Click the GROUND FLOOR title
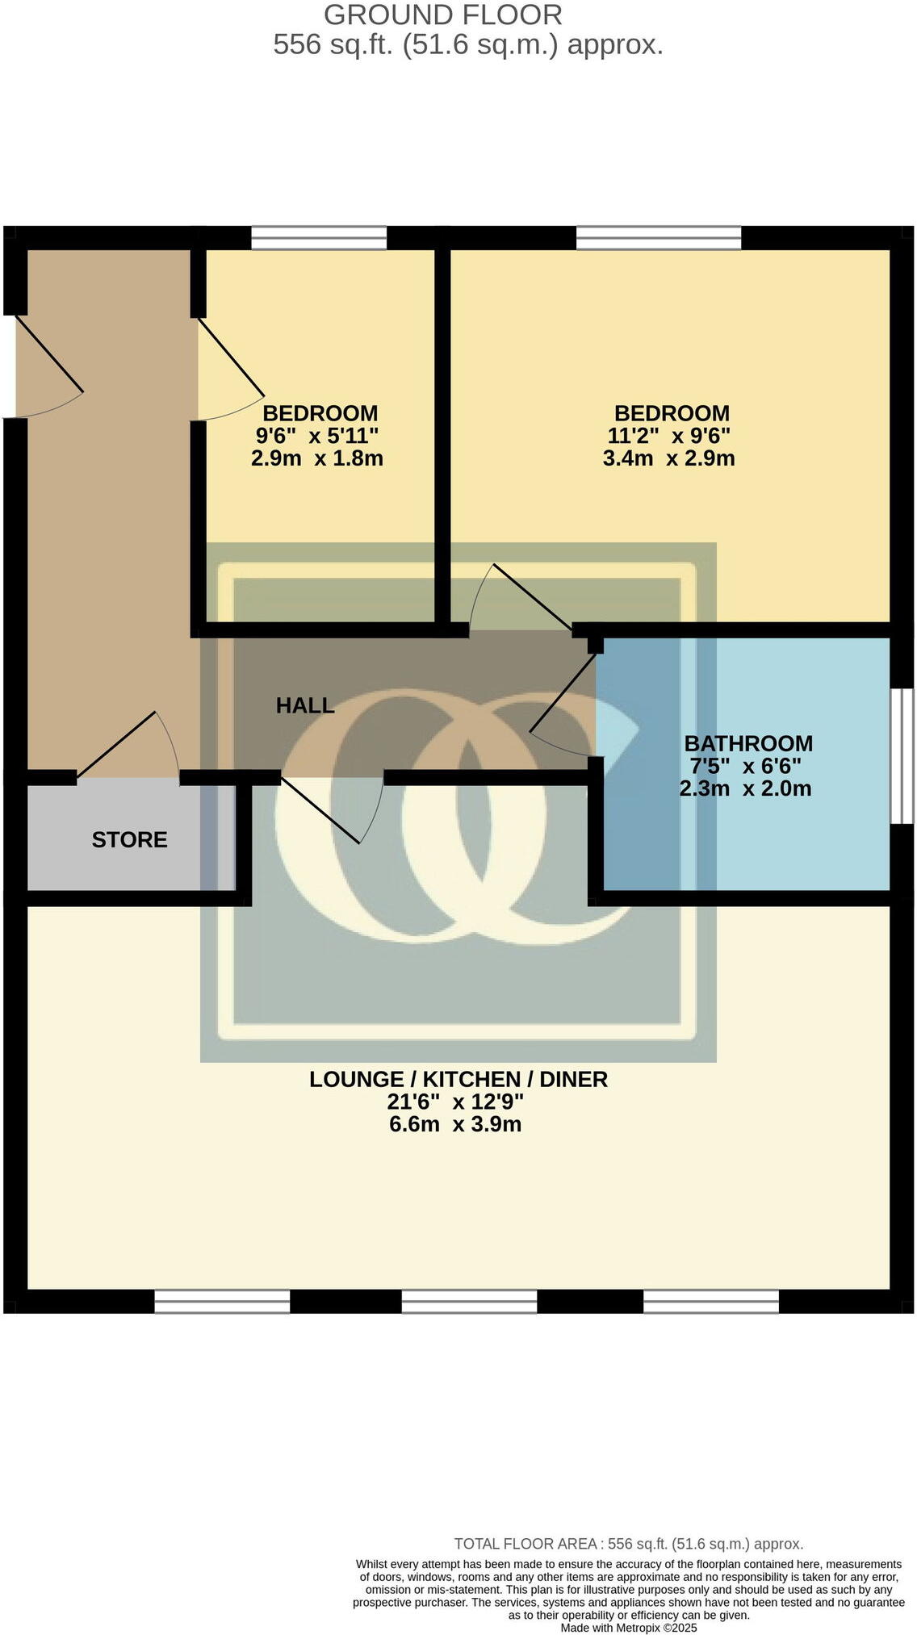(442, 15)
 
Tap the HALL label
(304, 705)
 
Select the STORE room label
(129, 839)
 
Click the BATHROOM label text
(748, 743)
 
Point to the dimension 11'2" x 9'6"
(668, 436)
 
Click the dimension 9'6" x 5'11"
(317, 436)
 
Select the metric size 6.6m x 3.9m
(455, 1124)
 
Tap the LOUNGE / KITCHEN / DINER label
(458, 1079)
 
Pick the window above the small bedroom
(319, 238)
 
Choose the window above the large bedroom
(658, 238)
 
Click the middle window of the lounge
(469, 1301)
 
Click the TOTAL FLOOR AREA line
(628, 1544)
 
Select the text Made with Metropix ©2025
(628, 1628)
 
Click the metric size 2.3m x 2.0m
(745, 788)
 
